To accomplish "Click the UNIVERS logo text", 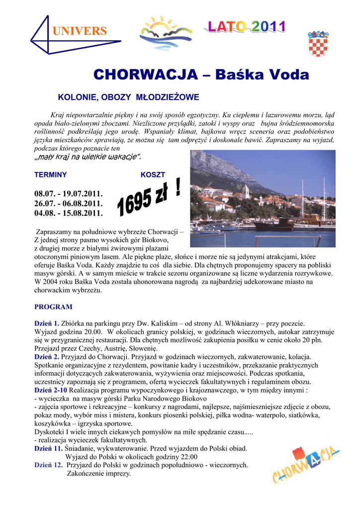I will (x=80, y=31).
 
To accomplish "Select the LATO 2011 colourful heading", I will (x=246, y=27).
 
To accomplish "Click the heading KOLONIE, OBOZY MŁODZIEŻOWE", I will (x=129, y=97).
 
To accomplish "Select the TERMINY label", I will (x=50, y=175).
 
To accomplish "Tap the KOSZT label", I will (x=153, y=175).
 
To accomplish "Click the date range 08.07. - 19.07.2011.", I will (x=68, y=193).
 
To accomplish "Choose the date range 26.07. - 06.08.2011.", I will (x=68, y=203).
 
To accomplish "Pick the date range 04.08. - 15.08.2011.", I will (x=68, y=213).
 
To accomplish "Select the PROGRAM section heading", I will (x=53, y=307).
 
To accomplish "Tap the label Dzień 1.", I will (x=47, y=323).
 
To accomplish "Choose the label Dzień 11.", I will (x=48, y=448).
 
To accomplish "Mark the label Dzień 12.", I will (x=48, y=465).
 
